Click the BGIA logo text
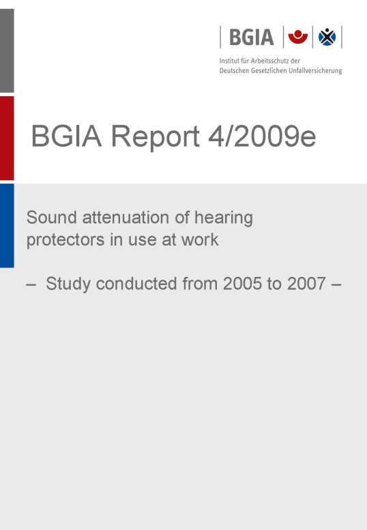(252, 38)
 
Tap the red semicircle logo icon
(297, 37)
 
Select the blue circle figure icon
(327, 37)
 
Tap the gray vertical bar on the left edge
(7, 50)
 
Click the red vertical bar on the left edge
(7, 138)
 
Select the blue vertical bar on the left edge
(7, 226)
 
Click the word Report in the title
(156, 137)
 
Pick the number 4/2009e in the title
(262, 136)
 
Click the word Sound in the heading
(52, 218)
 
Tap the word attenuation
(126, 218)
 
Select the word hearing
(223, 218)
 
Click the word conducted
(136, 283)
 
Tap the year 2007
(306, 284)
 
